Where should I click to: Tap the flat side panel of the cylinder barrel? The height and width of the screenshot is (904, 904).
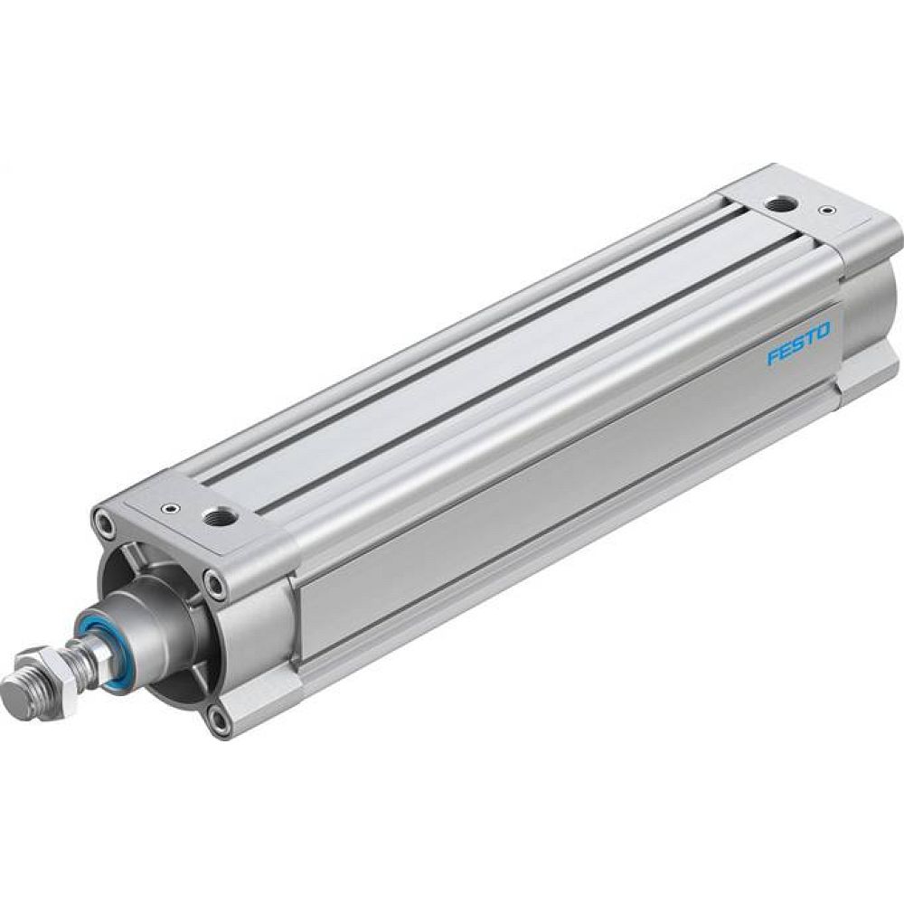[560, 506]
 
